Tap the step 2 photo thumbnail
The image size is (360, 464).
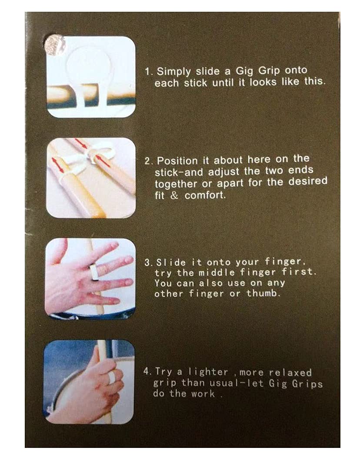(90, 178)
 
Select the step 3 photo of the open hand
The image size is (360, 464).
(90, 278)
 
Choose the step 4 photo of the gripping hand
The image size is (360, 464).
(89, 381)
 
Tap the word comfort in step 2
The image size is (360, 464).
(202, 195)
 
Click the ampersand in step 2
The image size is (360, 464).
(174, 195)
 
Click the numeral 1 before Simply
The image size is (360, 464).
(147, 71)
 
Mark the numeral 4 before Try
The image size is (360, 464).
(146, 372)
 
